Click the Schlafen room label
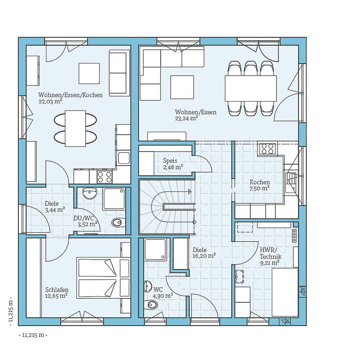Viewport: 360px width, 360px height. (x=57, y=290)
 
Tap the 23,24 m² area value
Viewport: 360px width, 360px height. (x=186, y=118)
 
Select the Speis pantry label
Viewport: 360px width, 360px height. (x=170, y=161)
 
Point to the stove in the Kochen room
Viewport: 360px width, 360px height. (x=267, y=149)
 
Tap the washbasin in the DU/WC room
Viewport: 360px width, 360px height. (x=90, y=193)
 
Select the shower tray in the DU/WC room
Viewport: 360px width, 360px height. (x=114, y=199)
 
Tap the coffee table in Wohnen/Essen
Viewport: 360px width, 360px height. (x=182, y=87)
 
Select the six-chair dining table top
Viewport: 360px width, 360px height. (x=251, y=89)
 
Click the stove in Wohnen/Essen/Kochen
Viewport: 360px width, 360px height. (x=104, y=177)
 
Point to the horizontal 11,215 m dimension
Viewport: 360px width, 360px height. (x=33, y=335)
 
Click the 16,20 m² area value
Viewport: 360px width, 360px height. (x=204, y=256)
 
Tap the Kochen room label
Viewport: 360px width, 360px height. (x=260, y=182)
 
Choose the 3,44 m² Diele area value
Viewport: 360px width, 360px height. (x=55, y=210)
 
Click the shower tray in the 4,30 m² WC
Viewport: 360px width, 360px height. (x=156, y=249)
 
